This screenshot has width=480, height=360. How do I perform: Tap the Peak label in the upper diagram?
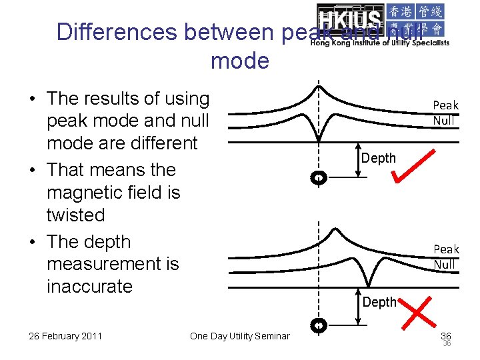(x=445, y=105)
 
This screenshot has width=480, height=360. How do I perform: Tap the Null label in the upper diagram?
(x=443, y=121)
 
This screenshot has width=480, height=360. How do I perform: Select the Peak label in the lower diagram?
(x=446, y=249)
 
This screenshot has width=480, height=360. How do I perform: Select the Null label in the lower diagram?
(x=444, y=265)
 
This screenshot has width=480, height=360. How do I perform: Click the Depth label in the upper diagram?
(x=379, y=158)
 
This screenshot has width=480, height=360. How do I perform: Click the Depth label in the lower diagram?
(x=379, y=302)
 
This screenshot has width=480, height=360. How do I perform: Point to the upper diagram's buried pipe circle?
(x=319, y=177)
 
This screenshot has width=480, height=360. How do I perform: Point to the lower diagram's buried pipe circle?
(x=319, y=325)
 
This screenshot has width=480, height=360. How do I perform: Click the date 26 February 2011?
(x=65, y=335)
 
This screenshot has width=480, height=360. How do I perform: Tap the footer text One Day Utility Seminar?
(x=240, y=336)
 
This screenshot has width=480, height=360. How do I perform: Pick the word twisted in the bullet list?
(x=75, y=215)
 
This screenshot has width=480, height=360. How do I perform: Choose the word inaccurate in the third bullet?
(x=89, y=287)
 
